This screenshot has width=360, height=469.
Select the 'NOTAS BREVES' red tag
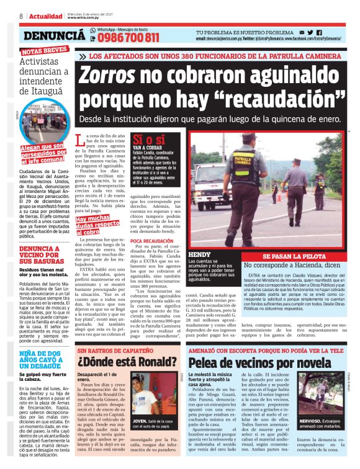(x=43, y=51)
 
